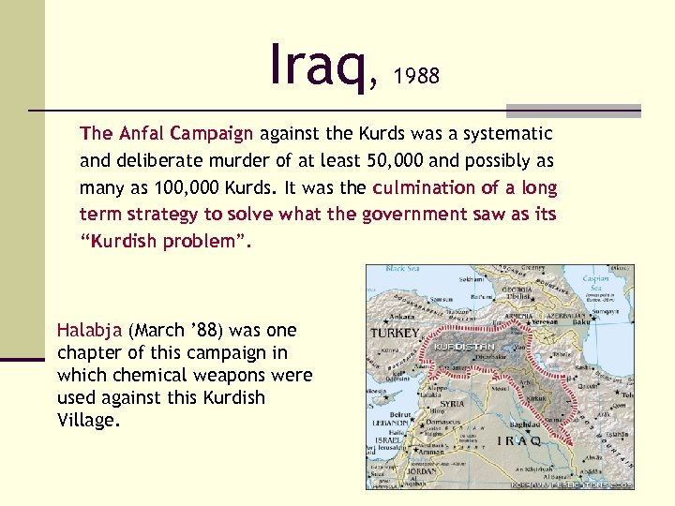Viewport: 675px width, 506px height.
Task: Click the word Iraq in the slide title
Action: point(319,63)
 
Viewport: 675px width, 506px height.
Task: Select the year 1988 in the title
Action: point(417,76)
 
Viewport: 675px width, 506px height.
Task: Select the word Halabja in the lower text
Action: point(90,330)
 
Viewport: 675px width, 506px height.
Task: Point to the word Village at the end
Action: point(86,420)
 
